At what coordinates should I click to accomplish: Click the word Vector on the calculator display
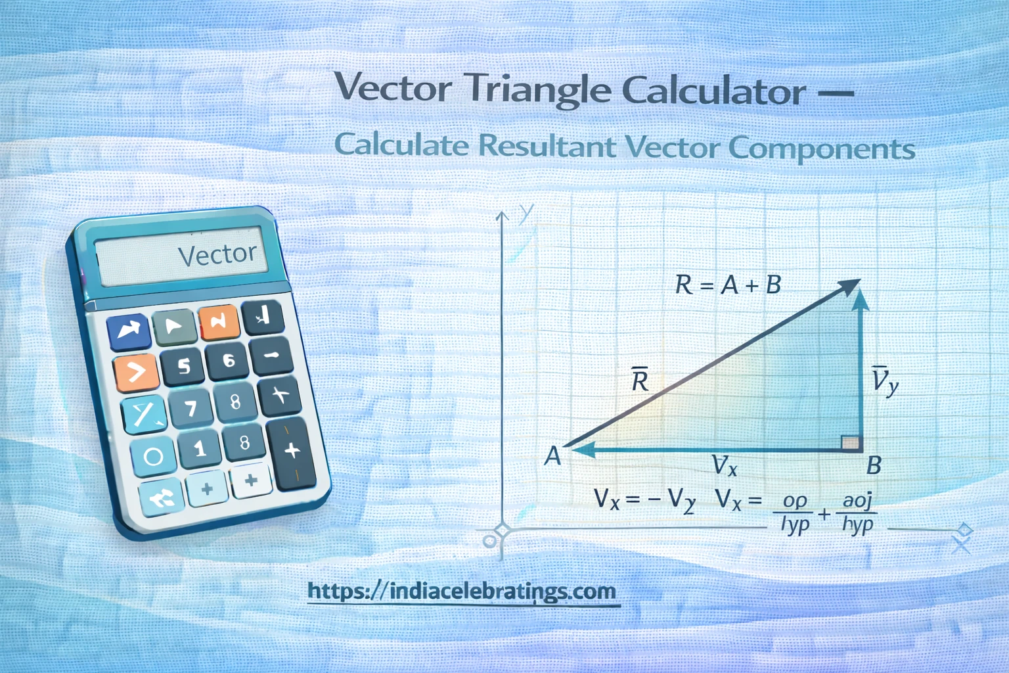[x=217, y=254]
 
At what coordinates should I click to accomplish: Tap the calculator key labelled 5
[x=184, y=365]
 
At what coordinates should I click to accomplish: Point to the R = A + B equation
[x=728, y=285]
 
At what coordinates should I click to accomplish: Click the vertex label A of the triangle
[x=553, y=455]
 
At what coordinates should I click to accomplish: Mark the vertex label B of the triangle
[x=873, y=465]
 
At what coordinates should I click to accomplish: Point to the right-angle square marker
[x=851, y=442]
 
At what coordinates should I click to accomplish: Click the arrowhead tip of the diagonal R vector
[x=857, y=281]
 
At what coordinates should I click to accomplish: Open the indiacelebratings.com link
[x=462, y=592]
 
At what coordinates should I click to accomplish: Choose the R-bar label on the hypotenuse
[x=639, y=380]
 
